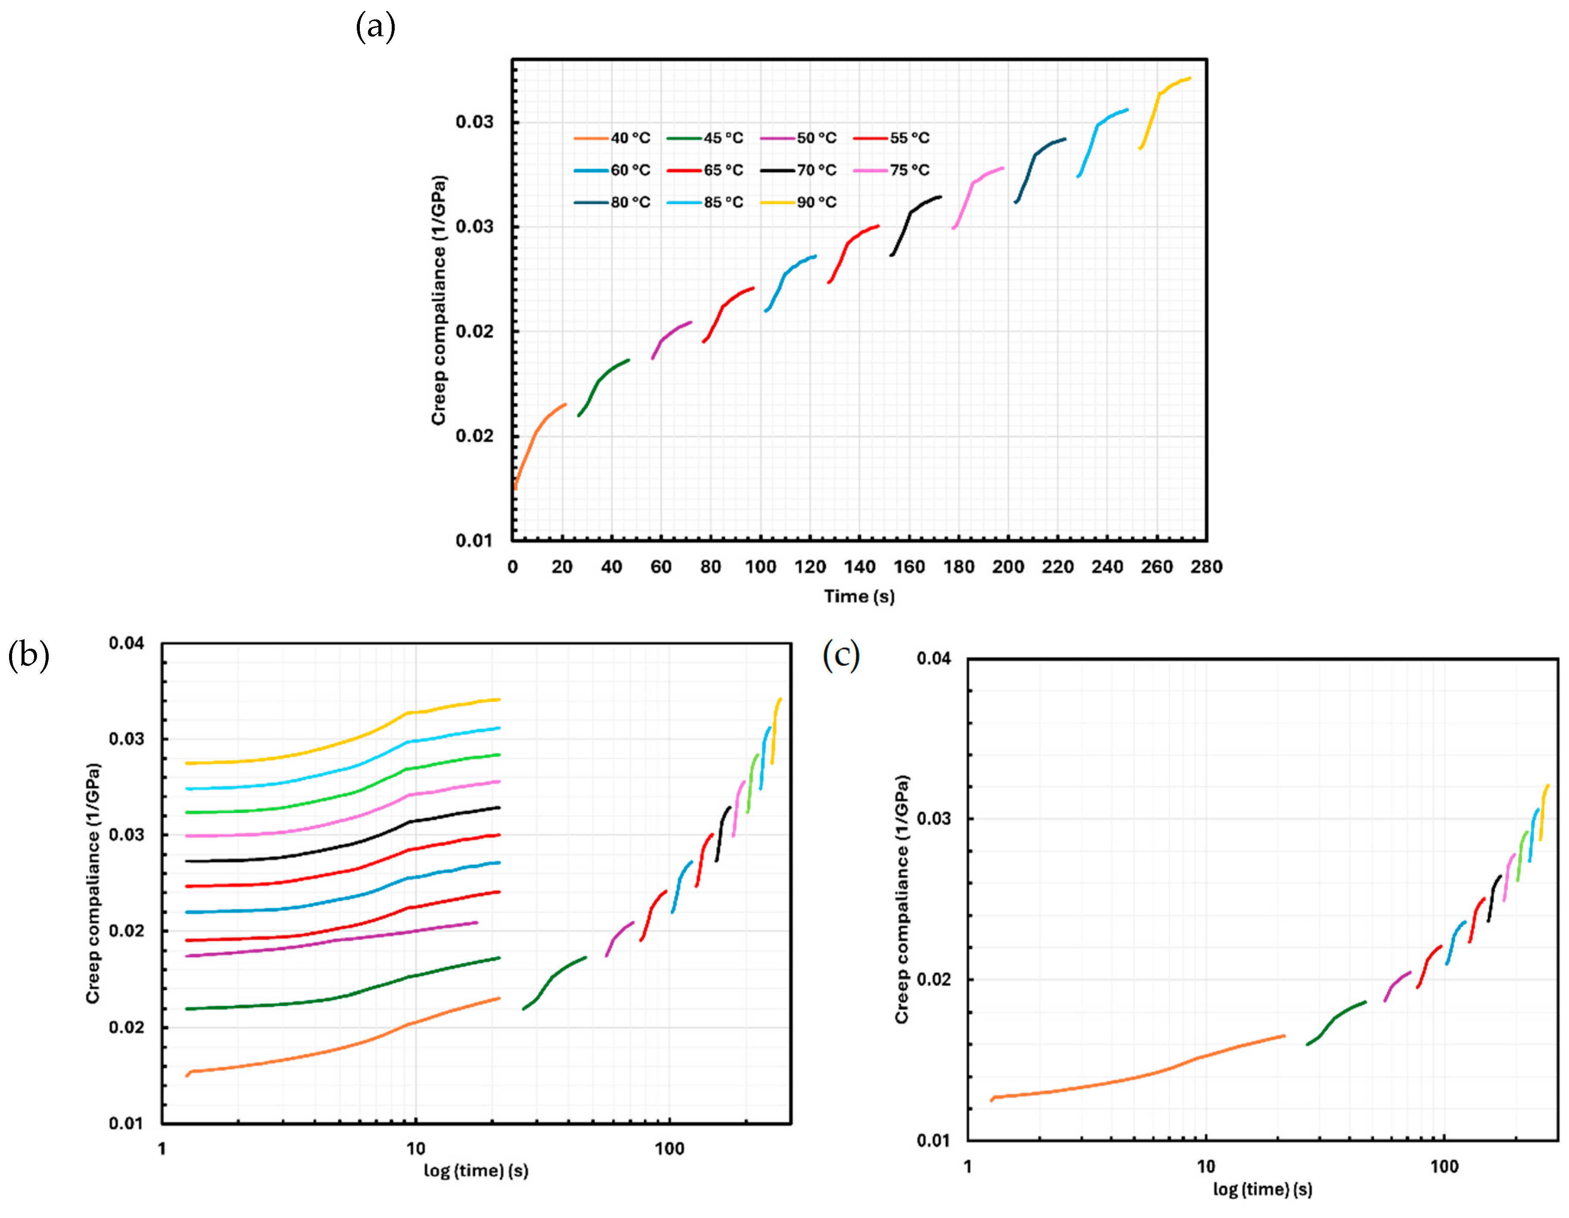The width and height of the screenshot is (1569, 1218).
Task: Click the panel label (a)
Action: pyautogui.click(x=375, y=27)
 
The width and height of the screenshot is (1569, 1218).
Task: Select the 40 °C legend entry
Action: pyautogui.click(x=612, y=138)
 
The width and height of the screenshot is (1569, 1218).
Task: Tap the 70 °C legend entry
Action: pyautogui.click(x=798, y=170)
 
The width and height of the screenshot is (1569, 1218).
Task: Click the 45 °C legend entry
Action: pyautogui.click(x=705, y=138)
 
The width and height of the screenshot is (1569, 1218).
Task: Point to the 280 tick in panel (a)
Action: pyautogui.click(x=1206, y=567)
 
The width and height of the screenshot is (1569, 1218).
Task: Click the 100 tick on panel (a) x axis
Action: pyautogui.click(x=760, y=567)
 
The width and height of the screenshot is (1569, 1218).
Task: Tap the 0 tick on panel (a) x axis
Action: pyautogui.click(x=512, y=567)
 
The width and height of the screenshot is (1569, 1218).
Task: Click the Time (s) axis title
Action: pyautogui.click(x=859, y=597)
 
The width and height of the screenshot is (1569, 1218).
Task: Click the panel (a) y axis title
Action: pyautogui.click(x=439, y=300)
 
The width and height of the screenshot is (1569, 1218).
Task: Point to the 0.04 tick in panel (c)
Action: pyautogui.click(x=933, y=658)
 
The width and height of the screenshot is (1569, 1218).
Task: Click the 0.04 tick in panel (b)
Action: pyautogui.click(x=126, y=643)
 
